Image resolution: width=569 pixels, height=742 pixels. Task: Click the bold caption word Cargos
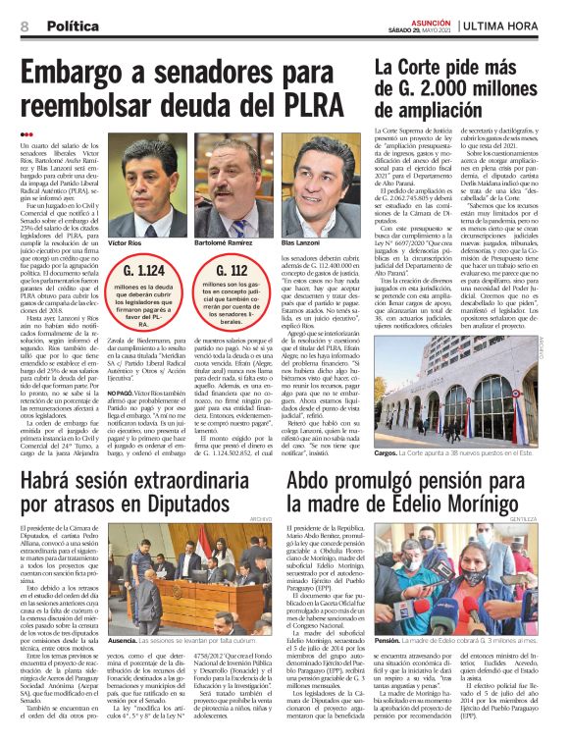[x=387, y=455]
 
